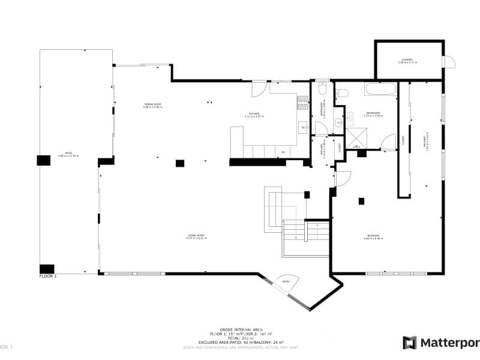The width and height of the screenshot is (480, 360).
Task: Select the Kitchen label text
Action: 254,115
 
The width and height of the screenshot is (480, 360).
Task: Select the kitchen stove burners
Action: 302,103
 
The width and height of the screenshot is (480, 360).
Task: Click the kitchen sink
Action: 302,127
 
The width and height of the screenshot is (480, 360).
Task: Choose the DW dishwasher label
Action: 283,152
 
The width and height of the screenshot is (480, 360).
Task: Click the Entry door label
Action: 286,281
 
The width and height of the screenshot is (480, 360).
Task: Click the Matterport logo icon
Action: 409,343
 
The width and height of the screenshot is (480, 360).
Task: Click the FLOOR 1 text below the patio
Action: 48,277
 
